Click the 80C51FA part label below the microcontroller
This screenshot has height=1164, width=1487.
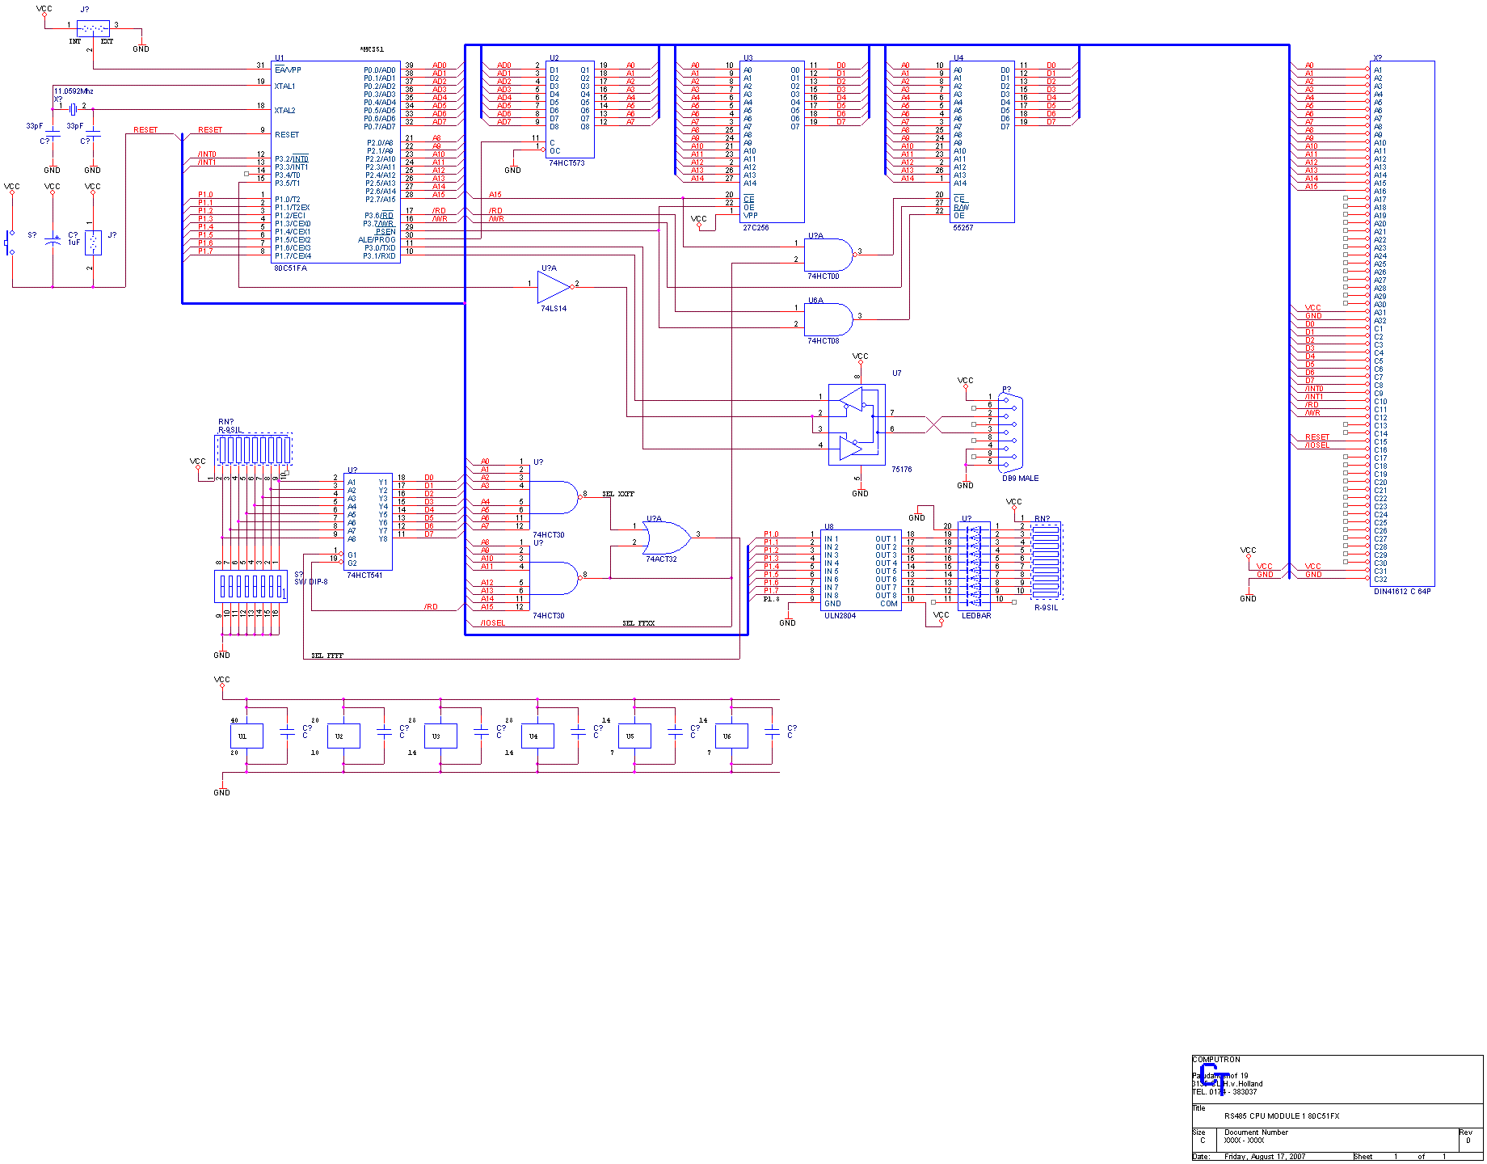click(290, 268)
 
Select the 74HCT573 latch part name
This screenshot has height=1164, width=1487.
click(567, 163)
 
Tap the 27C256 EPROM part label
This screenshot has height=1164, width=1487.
click(756, 228)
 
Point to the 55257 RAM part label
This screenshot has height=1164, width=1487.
click(963, 228)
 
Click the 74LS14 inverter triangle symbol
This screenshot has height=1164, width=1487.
click(554, 285)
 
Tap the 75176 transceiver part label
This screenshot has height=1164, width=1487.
click(901, 470)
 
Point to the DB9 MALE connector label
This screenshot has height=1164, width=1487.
click(1020, 479)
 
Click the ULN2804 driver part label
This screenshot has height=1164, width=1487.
click(840, 616)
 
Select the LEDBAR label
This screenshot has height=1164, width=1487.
click(975, 616)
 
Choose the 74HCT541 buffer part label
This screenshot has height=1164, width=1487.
click(364, 576)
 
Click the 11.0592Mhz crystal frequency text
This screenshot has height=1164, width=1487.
click(74, 91)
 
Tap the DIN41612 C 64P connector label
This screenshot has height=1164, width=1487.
click(1402, 592)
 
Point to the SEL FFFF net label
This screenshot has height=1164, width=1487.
click(327, 656)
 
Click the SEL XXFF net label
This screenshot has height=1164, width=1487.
click(618, 494)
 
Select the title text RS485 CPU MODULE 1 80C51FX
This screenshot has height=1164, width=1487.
click(1281, 1116)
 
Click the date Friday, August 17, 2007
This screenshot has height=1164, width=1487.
click(1265, 1157)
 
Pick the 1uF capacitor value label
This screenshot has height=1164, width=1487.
click(74, 242)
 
